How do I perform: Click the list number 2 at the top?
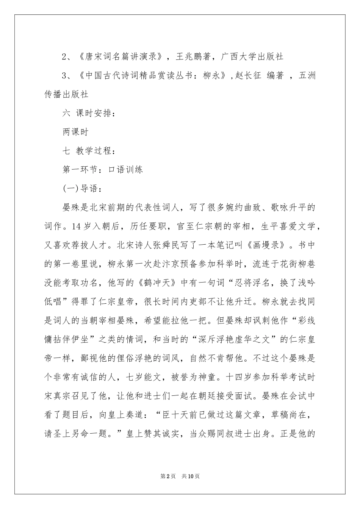(x=65, y=57)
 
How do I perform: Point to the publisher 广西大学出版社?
(x=252, y=57)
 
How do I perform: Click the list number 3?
(x=65, y=76)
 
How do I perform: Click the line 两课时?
(x=75, y=132)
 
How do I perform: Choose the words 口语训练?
(x=126, y=169)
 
